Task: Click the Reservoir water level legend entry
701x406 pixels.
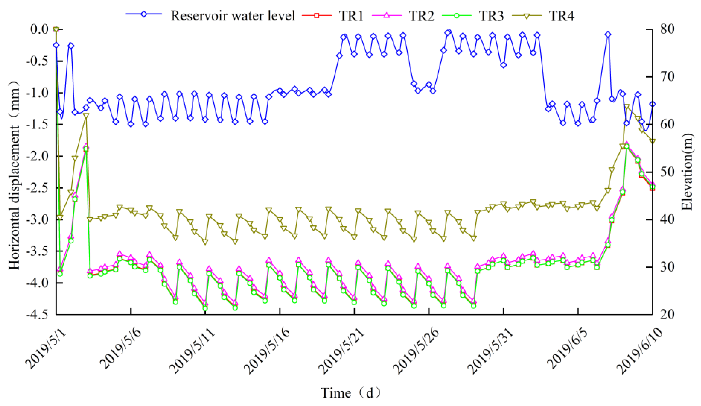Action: point(233,16)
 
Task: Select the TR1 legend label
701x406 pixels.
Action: point(351,16)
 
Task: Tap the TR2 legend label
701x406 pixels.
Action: point(421,16)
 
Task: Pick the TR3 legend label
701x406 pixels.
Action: point(491,16)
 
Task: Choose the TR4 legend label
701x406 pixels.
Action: point(561,16)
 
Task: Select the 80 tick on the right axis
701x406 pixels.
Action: point(667,29)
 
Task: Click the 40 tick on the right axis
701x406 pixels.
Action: point(667,219)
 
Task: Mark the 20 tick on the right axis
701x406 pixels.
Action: point(667,315)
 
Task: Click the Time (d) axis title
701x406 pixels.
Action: point(350,393)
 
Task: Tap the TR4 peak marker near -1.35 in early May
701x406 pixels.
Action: point(86,116)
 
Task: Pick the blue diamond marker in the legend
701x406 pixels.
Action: point(144,14)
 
